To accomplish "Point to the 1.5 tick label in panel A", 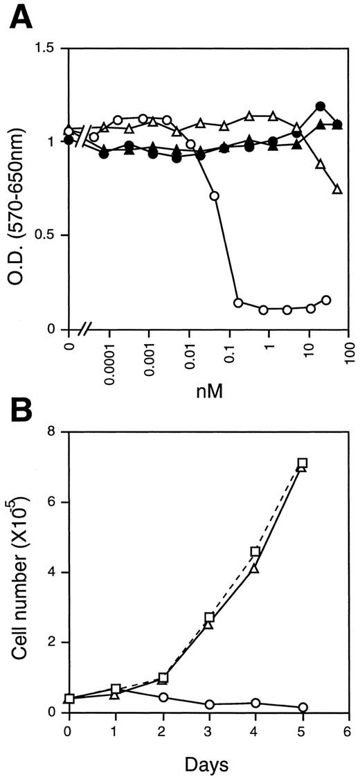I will point(49,49).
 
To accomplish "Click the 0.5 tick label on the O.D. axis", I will point(49,235).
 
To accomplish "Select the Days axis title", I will point(207,762).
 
